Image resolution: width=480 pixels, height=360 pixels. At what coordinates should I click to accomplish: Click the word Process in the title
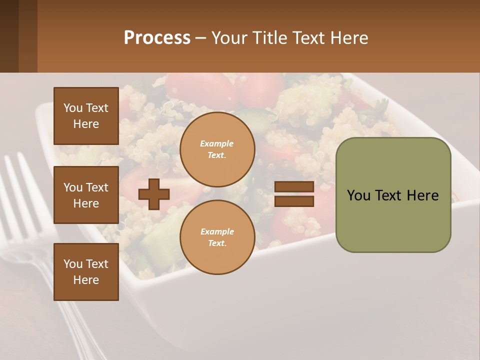pos(157,38)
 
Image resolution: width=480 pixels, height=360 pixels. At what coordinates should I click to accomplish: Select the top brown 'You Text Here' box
pos(86,116)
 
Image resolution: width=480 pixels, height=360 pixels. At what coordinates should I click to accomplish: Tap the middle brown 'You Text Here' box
pos(86,195)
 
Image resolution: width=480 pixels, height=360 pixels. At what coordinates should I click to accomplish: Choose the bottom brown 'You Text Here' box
pos(86,271)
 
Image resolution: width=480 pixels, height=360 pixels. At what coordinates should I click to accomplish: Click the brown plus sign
pos(154,194)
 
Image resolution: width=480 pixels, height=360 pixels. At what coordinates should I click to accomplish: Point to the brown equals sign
pos(294,194)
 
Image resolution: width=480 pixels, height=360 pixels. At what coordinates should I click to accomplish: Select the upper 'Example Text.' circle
pos(217,149)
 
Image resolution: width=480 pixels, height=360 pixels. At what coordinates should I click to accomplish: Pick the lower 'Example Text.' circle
pos(217,237)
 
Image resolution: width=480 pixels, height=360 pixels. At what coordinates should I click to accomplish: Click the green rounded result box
pos(393,195)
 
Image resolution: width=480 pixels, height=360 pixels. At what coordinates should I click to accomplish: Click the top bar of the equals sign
pos(294,187)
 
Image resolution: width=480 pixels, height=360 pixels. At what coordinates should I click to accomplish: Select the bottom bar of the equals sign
pos(294,201)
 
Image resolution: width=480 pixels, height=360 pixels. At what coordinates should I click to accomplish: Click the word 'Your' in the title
pos(230,38)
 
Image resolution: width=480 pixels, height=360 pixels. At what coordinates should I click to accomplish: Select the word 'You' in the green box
pos(359,195)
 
